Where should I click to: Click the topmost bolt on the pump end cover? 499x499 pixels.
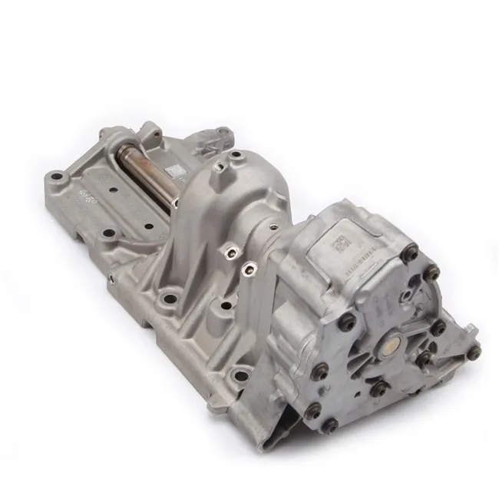411,250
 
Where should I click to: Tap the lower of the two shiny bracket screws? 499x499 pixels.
248,268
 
